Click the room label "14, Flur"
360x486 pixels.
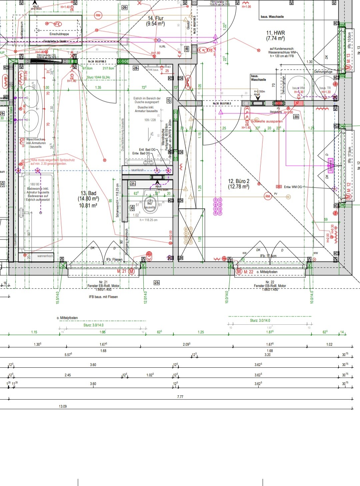(156, 18)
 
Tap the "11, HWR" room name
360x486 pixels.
(275, 33)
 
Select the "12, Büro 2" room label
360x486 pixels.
(239, 181)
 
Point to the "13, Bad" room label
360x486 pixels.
(88, 193)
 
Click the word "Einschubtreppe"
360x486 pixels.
(59, 34)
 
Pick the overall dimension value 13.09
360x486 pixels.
(63, 406)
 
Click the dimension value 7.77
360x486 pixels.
(180, 397)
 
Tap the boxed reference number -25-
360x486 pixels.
(156, 283)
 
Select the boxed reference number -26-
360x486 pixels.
(124, 7)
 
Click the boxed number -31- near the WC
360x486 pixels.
(133, 184)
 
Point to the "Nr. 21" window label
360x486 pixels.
(103, 282)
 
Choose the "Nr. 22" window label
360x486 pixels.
(270, 282)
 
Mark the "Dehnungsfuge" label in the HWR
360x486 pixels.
(323, 72)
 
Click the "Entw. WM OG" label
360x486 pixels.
(293, 187)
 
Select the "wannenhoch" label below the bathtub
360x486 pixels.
(45, 256)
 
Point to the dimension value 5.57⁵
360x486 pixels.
(68, 355)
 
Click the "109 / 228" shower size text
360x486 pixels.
(150, 120)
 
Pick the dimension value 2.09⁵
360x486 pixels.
(186, 344)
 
